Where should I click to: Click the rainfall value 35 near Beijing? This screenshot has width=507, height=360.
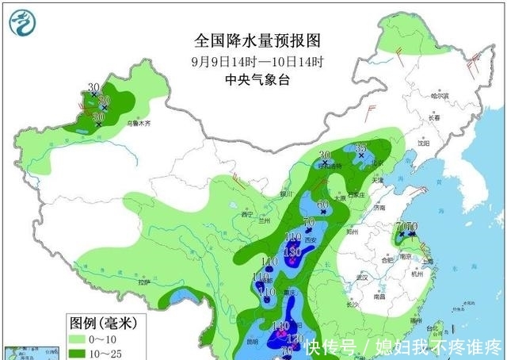tap(360, 148)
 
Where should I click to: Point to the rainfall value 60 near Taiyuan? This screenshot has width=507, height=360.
tap(322, 205)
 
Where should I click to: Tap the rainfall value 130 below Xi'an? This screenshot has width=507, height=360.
tap(292, 251)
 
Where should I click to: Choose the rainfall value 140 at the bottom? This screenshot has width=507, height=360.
tap(279, 326)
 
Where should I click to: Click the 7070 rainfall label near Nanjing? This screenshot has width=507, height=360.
tap(406, 227)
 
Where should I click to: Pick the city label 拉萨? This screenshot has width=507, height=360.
tap(143, 281)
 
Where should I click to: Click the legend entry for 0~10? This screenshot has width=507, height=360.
tap(97, 339)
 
